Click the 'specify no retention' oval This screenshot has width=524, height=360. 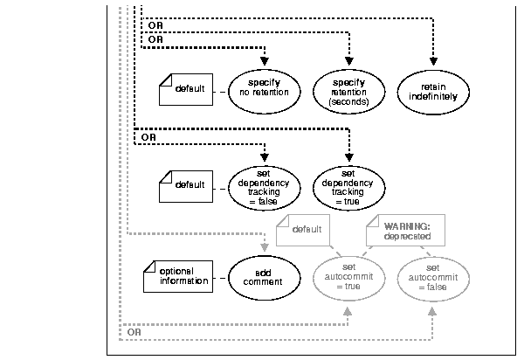264,92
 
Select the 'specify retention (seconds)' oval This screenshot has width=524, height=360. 348,92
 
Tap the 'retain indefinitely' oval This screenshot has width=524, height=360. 434,92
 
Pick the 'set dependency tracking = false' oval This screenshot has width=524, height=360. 264,185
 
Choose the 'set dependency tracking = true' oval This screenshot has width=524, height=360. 348,185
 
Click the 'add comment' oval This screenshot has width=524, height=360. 264,277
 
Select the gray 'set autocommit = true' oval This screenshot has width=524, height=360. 348,277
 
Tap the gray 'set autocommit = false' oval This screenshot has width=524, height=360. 434,277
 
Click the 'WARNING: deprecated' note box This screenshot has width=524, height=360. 403,231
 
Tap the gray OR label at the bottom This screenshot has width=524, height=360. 134,332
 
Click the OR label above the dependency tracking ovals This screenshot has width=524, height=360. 148,137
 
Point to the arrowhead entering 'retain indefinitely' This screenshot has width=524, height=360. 434,62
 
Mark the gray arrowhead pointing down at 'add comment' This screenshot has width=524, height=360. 264,247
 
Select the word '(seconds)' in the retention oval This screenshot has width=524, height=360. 348,102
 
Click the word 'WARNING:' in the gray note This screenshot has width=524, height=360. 401,225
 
